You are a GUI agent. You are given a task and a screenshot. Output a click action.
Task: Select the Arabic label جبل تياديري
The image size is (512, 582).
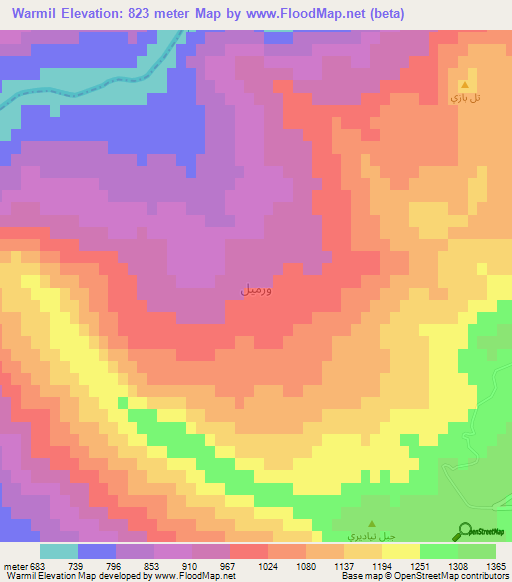(365, 536)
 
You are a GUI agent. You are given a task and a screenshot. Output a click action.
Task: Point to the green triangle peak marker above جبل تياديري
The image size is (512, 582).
(372, 523)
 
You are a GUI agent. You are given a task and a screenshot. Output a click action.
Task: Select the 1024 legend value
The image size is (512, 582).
(269, 565)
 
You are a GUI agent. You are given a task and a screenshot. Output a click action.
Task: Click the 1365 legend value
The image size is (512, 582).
(497, 565)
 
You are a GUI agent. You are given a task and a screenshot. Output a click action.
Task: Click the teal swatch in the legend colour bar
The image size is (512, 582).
(59, 551)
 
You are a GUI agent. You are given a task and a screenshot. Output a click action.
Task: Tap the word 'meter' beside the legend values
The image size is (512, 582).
(13, 565)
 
